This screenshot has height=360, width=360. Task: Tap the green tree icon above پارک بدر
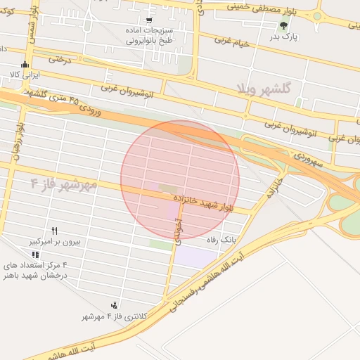point(283,25)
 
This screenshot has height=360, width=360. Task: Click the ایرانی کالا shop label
point(25,74)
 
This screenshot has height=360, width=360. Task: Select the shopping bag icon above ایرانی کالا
point(25,64)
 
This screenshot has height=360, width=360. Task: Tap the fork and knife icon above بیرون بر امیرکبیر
point(54,231)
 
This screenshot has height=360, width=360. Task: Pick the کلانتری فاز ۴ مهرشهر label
point(112,316)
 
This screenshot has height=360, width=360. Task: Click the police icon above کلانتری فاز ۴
point(113,305)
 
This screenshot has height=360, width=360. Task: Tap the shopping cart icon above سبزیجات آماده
point(148,20)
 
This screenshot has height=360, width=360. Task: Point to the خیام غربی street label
point(233,44)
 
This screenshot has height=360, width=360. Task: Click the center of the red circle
point(180,179)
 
